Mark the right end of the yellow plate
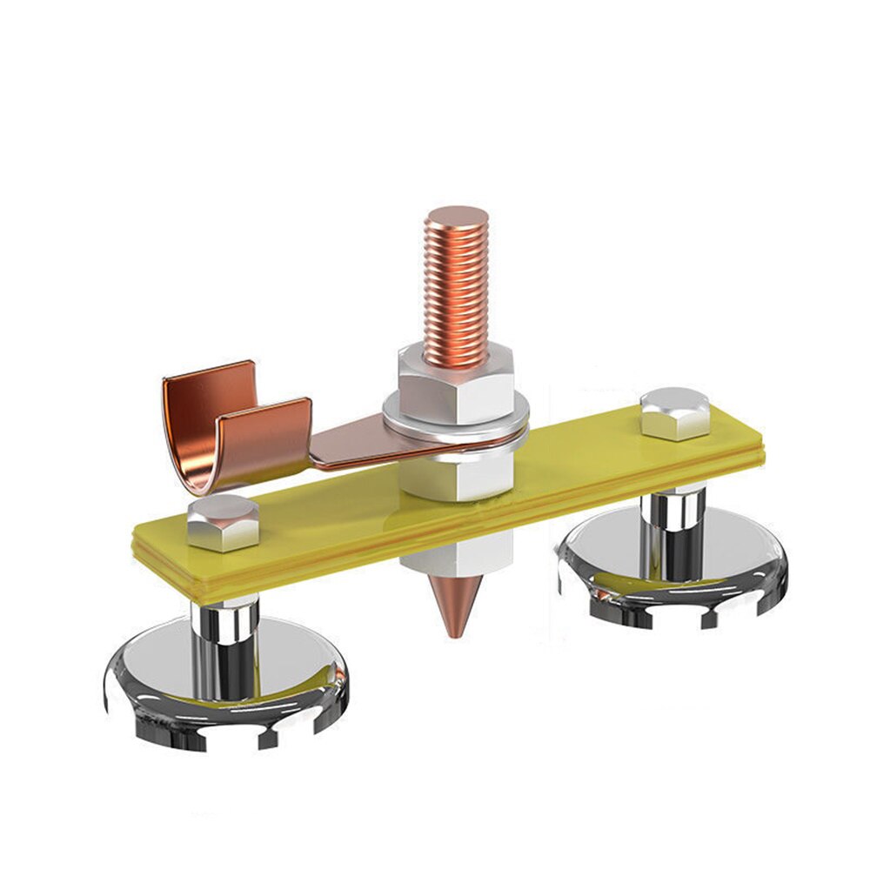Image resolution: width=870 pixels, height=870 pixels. (x=748, y=435)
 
